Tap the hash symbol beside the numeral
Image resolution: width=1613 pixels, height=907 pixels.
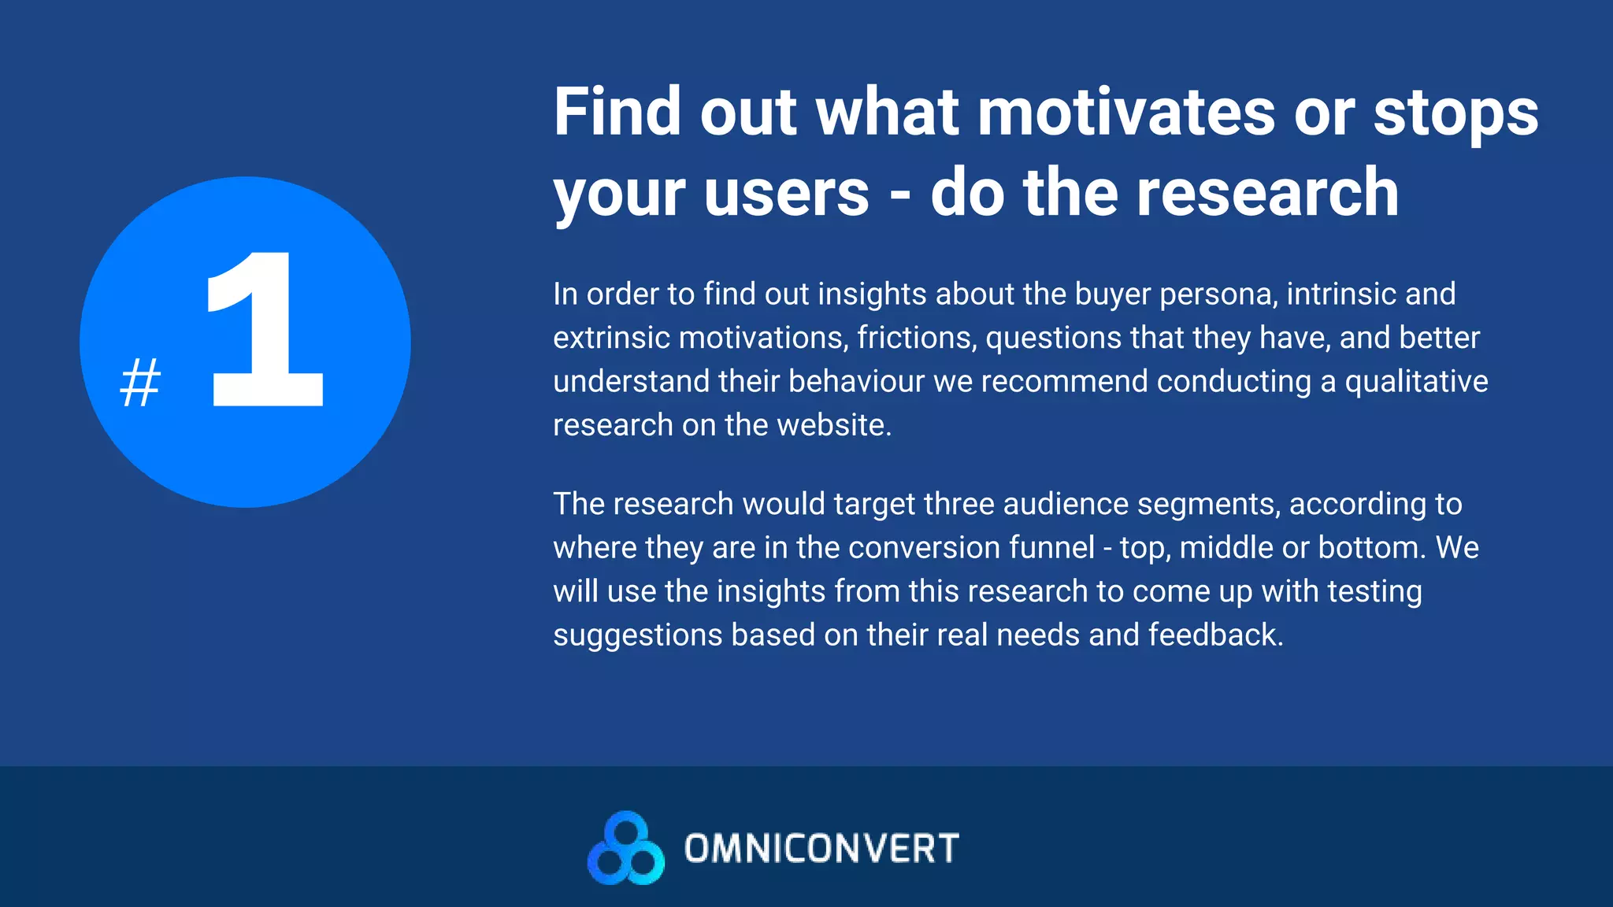pos(140,383)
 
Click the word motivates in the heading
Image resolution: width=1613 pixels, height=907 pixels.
pos(1126,112)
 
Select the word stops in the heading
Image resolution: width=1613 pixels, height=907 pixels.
pos(1455,112)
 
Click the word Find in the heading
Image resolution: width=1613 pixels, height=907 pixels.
pos(617,112)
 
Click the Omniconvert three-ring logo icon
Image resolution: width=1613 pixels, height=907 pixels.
pos(626,849)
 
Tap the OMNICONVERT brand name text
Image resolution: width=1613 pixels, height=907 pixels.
pos(821,849)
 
